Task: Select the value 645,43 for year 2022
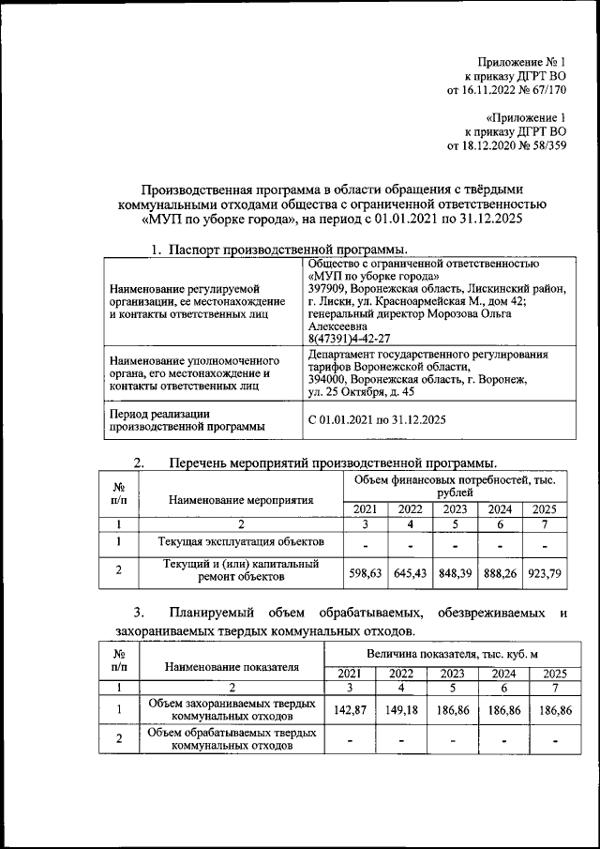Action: (410, 571)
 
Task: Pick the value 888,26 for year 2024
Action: (501, 571)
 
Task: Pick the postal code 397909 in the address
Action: (327, 289)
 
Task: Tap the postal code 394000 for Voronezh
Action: (327, 380)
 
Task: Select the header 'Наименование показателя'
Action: (231, 667)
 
